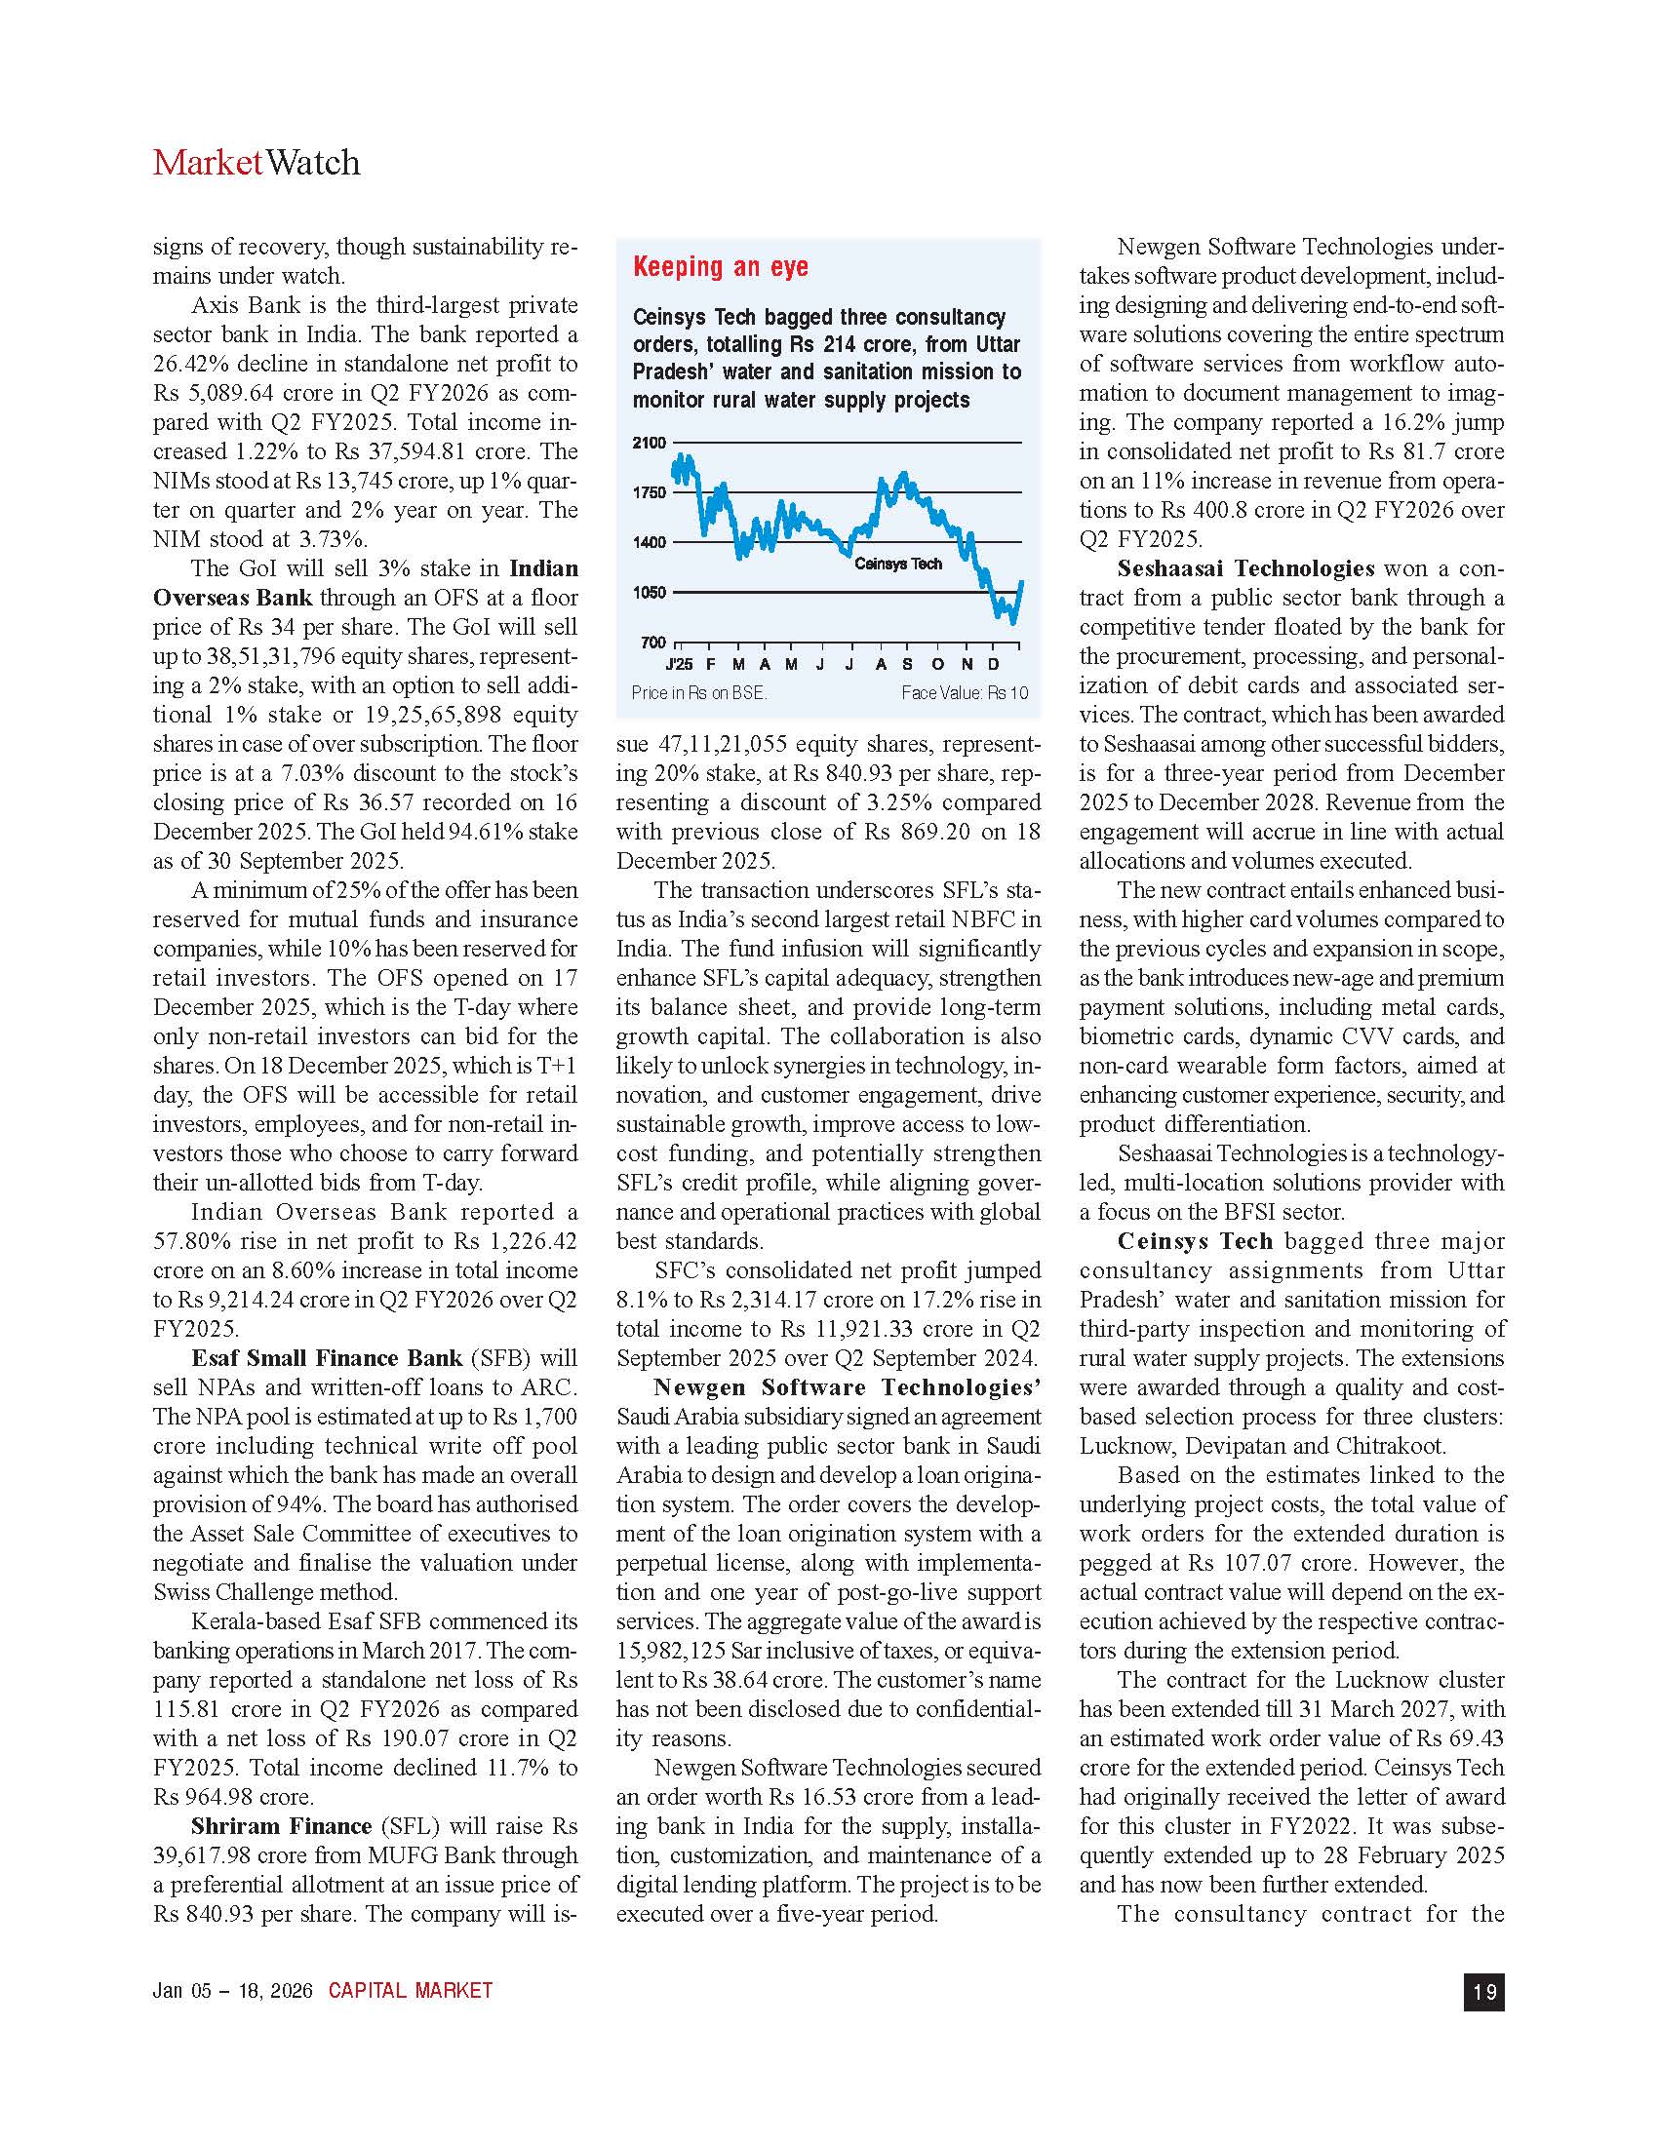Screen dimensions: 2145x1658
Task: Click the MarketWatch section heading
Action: pos(257,163)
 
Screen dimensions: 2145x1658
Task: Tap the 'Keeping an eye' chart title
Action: pos(720,266)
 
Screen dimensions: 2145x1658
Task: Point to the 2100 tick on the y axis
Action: pos(649,443)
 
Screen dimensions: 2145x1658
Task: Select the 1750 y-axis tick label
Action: pos(649,493)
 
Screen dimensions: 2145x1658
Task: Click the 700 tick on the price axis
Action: pos(653,643)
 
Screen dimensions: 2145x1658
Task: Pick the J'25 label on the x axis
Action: pos(679,665)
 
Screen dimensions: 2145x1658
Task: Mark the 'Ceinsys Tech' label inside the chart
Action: pos(897,564)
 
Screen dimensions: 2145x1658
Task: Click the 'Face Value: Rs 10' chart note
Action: pos(965,693)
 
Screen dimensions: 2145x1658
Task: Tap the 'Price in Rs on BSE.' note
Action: pos(698,693)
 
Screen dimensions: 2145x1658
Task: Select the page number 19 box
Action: pos(1483,1991)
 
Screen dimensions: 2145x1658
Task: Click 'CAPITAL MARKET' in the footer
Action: pos(411,1991)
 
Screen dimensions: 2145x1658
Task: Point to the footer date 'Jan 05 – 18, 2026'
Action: pos(232,1991)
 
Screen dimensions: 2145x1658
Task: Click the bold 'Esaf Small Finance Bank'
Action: pos(326,1358)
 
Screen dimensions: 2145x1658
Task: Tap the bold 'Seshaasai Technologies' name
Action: pos(1245,568)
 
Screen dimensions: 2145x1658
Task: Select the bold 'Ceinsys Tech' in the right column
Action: pos(1195,1241)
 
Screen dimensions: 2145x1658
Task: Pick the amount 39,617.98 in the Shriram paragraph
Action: pos(203,1856)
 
